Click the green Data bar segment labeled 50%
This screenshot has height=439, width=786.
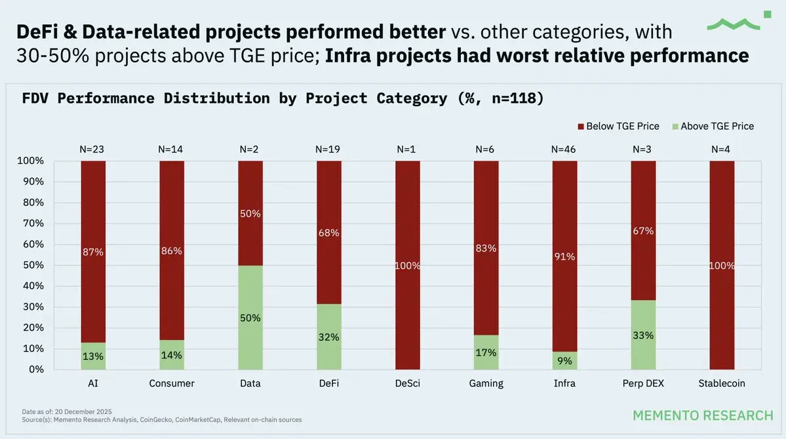click(x=250, y=317)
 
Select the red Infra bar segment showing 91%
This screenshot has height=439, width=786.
click(x=564, y=256)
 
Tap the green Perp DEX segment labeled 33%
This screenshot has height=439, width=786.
click(x=643, y=335)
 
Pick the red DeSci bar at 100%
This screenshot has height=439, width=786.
click(x=407, y=265)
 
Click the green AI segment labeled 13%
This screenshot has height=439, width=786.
click(x=93, y=356)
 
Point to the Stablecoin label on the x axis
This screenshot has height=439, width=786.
click(x=722, y=383)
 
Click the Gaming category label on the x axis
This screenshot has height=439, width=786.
click(x=486, y=383)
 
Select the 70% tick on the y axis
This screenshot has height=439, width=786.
click(x=31, y=223)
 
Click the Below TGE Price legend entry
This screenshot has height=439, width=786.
click(x=618, y=126)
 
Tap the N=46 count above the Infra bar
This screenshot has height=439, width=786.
click(x=564, y=149)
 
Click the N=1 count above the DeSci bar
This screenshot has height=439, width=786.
click(x=407, y=149)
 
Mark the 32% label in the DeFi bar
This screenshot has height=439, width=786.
click(x=329, y=337)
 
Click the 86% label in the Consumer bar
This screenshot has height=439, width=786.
click(x=172, y=250)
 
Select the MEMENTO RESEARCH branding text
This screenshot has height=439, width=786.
click(x=703, y=415)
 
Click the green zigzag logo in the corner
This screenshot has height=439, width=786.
click(x=734, y=23)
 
